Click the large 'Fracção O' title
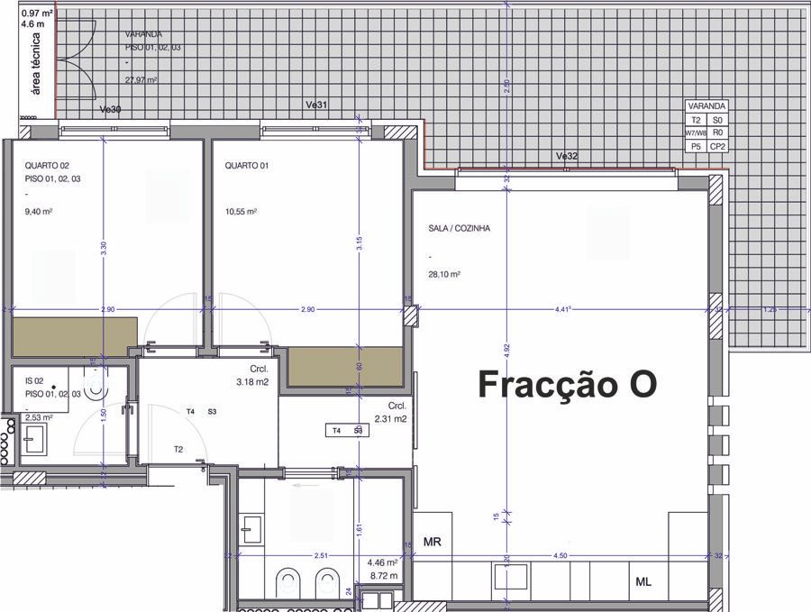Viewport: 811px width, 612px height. tap(567, 384)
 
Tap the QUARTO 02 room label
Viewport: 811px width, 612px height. tap(46, 166)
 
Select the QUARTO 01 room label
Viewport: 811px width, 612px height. tap(246, 166)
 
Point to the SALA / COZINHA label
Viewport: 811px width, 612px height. tap(459, 229)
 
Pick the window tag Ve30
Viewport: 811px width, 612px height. tap(110, 109)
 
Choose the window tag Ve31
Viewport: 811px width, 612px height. tap(316, 105)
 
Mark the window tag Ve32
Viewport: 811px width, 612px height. tap(566, 156)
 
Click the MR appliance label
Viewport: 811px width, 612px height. tap(432, 542)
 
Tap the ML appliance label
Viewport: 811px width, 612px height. tap(643, 582)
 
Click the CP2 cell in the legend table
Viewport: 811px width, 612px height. tap(717, 146)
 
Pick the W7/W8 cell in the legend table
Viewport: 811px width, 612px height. tap(695, 132)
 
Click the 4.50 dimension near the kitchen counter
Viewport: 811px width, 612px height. tap(560, 556)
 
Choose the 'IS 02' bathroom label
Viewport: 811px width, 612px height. tap(34, 382)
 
